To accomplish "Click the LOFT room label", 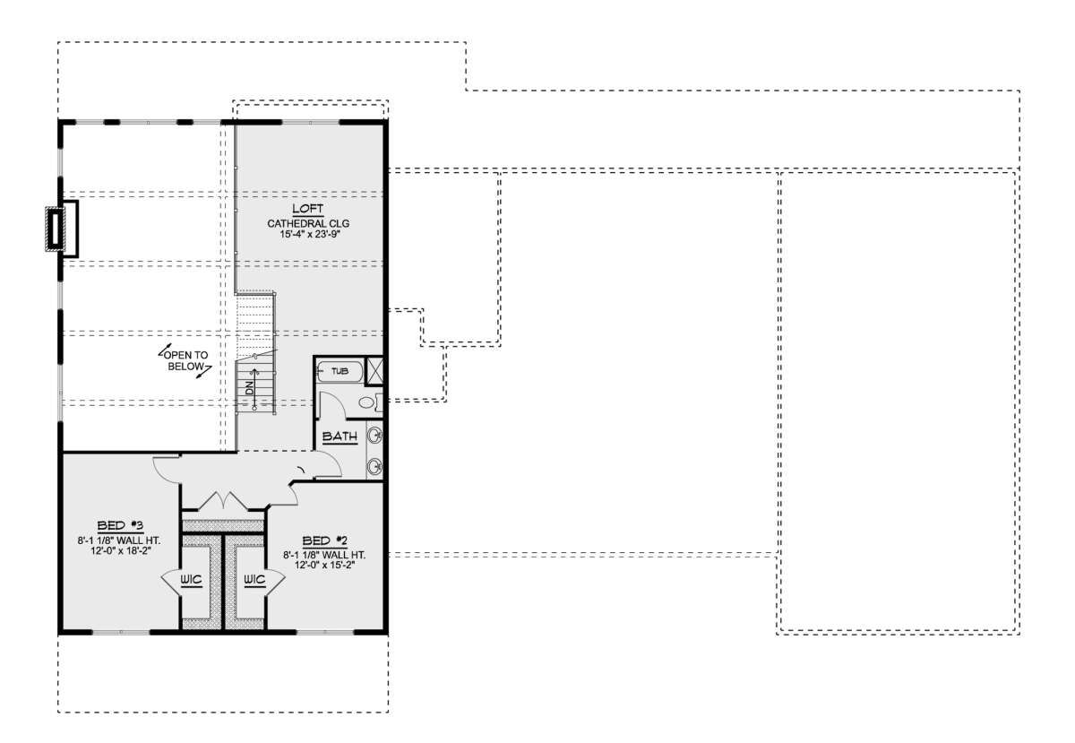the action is tap(308, 209).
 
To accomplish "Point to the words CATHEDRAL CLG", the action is tap(308, 223).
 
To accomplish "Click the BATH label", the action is tap(340, 436).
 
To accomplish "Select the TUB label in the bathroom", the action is tap(340, 371).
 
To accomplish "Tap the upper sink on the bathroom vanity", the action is tap(374, 436).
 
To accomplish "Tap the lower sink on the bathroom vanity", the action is tap(374, 465).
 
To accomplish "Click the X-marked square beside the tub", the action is tap(374, 370).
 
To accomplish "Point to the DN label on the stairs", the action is tap(249, 388).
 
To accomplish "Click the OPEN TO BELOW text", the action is tap(185, 360).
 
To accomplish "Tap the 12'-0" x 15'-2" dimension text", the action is tap(325, 565).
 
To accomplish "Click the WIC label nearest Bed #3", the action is tap(191, 580).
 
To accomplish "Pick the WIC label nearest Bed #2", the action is tap(254, 580).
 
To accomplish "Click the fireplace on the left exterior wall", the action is tap(62, 229).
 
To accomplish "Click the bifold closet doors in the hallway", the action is tap(224, 501).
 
